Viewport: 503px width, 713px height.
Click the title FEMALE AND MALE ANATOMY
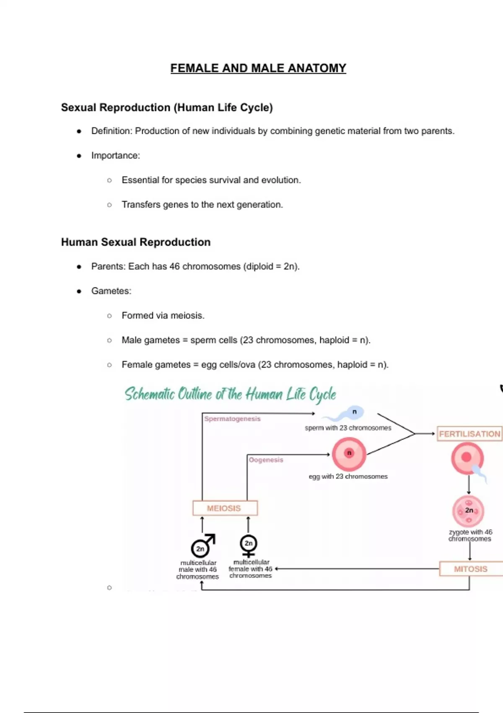(x=258, y=68)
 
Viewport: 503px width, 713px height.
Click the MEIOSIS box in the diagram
(x=225, y=508)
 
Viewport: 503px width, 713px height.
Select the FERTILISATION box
(x=469, y=434)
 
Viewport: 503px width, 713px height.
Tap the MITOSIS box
(x=470, y=569)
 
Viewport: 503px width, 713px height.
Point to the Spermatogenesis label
(x=232, y=419)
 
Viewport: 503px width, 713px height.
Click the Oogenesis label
(x=266, y=460)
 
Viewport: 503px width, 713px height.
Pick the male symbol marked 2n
(x=202, y=546)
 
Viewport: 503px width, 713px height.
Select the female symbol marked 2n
(x=249, y=545)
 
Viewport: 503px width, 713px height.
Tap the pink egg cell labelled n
(x=349, y=454)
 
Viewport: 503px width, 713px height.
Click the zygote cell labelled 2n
(x=468, y=511)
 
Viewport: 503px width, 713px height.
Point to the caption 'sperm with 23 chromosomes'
(x=348, y=428)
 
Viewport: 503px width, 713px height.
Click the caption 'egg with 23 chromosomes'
(x=348, y=476)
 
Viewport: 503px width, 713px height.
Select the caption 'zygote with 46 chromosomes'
(x=470, y=535)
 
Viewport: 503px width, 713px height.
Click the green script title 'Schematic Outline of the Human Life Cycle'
(x=230, y=394)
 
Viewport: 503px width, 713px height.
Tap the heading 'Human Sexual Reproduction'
(x=136, y=242)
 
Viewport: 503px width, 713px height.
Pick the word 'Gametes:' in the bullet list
(x=111, y=291)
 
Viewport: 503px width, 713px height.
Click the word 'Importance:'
(x=116, y=156)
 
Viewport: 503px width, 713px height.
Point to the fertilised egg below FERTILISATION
(x=467, y=458)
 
